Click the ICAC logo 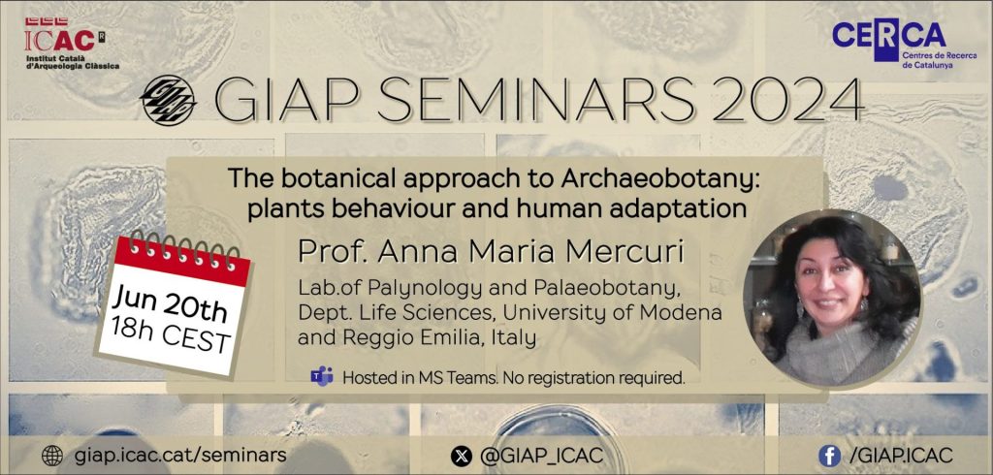point(71,44)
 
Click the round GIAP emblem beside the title point(168,100)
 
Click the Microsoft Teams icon point(322,377)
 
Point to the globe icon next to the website point(52,455)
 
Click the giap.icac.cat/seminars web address point(180,455)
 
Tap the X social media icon point(461,456)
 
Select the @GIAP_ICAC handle point(540,455)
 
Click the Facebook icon point(829,456)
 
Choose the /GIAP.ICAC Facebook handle point(902,455)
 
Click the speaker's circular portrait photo point(832,299)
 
